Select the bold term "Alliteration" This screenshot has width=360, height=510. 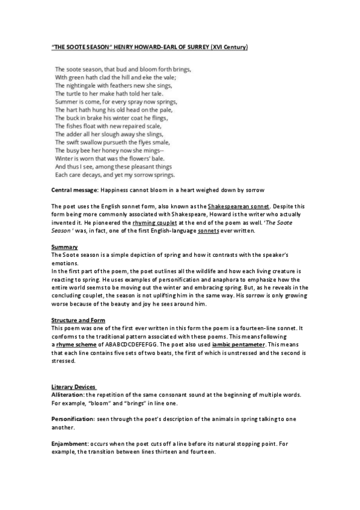67,395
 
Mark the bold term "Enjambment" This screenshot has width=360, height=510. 70,443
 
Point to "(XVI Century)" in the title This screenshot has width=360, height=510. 227,46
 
